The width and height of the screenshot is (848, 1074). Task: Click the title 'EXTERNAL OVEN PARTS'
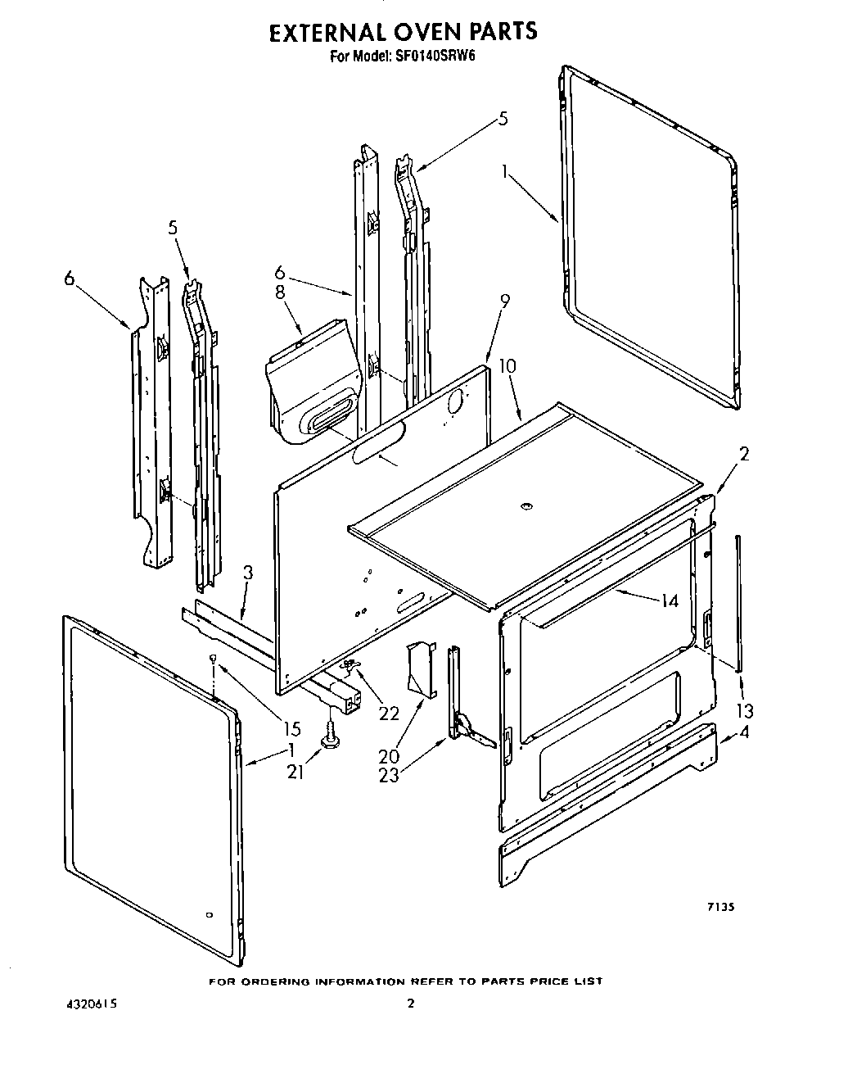[x=404, y=32]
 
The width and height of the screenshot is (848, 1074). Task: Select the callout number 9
[x=504, y=301]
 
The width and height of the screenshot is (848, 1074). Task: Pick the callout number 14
[x=670, y=600]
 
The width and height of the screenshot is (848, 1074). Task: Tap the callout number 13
[x=745, y=710]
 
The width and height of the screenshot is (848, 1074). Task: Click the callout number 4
[x=743, y=733]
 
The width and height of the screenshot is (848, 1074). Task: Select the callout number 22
[x=389, y=713]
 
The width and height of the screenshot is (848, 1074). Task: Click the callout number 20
[x=389, y=756]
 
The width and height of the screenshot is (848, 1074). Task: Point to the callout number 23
[x=389, y=774]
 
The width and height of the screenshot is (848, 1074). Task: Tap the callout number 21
[x=295, y=771]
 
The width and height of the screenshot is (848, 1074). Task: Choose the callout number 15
[x=291, y=728]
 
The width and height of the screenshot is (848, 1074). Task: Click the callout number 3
[x=248, y=574]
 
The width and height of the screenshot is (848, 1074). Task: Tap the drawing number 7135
[x=719, y=907]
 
